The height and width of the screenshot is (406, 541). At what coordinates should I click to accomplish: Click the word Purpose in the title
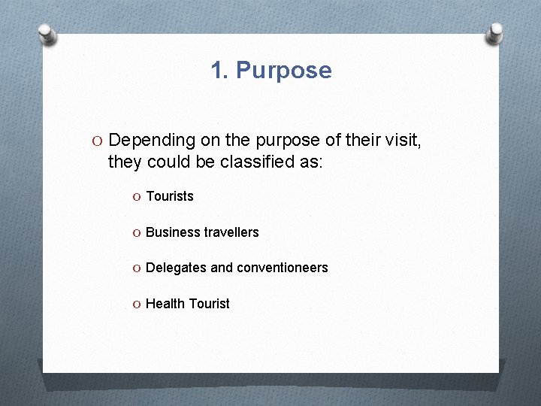point(283,71)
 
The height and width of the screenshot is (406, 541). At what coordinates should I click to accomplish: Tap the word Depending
point(150,140)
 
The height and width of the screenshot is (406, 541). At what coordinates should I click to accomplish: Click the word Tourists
point(170,196)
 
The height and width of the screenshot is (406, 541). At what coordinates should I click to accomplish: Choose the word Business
point(173,232)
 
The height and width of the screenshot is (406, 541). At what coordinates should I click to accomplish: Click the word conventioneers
point(282,268)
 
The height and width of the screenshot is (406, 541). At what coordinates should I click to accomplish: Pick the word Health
point(165,304)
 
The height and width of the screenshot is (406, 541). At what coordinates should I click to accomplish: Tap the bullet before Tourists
point(136,197)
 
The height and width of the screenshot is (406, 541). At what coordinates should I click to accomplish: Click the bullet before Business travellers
point(136,233)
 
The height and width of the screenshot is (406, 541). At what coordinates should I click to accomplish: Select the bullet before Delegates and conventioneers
point(136,268)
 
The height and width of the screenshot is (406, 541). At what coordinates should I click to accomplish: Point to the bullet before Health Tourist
point(136,304)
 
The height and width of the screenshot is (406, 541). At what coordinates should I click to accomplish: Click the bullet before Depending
point(98,141)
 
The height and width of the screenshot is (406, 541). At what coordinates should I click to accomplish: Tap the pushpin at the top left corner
point(47,34)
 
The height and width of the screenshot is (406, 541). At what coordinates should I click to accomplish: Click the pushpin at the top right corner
point(496,33)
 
